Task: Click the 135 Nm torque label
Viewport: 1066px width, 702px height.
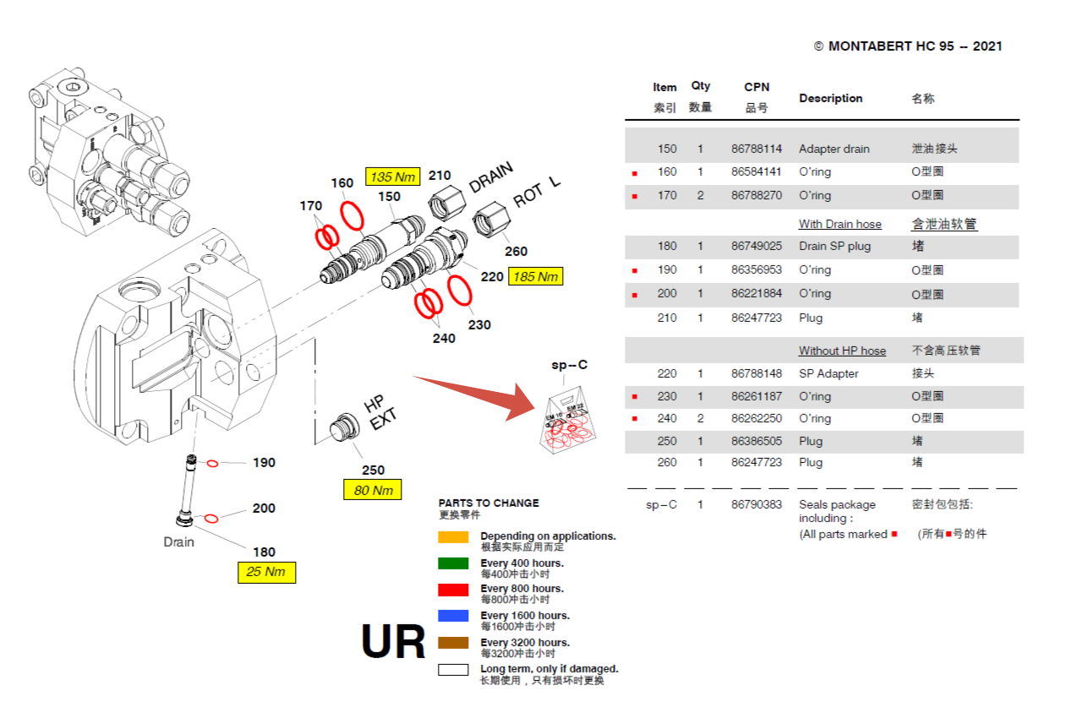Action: pyautogui.click(x=393, y=177)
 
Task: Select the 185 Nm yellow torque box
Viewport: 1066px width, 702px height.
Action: pyautogui.click(x=535, y=276)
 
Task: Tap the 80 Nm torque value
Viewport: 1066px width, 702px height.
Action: pyautogui.click(x=372, y=490)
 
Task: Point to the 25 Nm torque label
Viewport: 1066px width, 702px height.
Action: pyautogui.click(x=265, y=572)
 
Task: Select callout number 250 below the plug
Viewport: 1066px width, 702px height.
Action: pyautogui.click(x=373, y=470)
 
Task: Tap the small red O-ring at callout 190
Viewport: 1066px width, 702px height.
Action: pyautogui.click(x=213, y=463)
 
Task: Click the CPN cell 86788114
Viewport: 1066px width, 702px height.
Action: pyautogui.click(x=757, y=149)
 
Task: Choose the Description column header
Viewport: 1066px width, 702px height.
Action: pyautogui.click(x=830, y=98)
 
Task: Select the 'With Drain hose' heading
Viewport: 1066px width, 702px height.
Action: pyautogui.click(x=839, y=224)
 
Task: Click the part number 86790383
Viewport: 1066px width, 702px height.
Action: pyautogui.click(x=757, y=504)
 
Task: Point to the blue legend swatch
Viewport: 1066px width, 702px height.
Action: pyautogui.click(x=453, y=616)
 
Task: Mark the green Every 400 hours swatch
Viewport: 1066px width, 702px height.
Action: pyautogui.click(x=453, y=563)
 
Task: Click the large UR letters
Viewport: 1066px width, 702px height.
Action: pyautogui.click(x=393, y=642)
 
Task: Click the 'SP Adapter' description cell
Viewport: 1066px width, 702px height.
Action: pyautogui.click(x=828, y=373)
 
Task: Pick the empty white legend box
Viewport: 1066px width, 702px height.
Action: pyautogui.click(x=453, y=670)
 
